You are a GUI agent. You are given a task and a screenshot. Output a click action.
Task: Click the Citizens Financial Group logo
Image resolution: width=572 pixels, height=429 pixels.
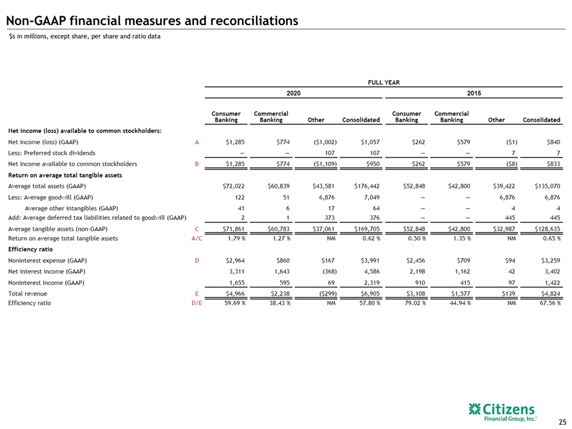click(x=503, y=412)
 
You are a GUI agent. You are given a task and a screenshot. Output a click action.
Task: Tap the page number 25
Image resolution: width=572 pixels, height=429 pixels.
click(x=562, y=422)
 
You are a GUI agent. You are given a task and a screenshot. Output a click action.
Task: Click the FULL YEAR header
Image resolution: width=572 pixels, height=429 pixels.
click(x=384, y=82)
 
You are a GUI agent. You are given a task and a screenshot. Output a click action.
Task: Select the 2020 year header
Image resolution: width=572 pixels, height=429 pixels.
click(x=293, y=93)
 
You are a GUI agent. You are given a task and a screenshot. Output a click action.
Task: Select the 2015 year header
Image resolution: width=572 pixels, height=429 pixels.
click(x=474, y=93)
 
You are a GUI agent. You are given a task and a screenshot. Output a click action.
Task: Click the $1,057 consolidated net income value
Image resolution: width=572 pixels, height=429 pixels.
click(x=370, y=142)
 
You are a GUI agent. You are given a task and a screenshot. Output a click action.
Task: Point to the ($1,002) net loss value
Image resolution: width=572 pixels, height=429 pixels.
click(x=325, y=142)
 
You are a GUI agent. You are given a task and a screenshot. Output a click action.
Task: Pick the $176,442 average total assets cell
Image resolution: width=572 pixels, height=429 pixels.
click(x=366, y=186)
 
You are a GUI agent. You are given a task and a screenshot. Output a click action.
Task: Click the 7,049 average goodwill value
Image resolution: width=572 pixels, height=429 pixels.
click(x=371, y=197)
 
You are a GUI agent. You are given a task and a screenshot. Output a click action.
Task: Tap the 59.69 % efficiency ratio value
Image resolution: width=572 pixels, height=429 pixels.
click(x=235, y=303)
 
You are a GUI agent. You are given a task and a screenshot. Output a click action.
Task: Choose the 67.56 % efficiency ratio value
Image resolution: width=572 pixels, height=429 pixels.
click(x=550, y=303)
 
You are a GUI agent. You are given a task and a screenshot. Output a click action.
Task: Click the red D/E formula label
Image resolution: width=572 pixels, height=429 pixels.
click(x=197, y=303)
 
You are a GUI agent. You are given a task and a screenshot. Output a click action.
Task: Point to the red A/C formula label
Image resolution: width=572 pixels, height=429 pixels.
click(x=197, y=238)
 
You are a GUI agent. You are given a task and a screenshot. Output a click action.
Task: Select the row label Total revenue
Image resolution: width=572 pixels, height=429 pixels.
click(x=28, y=294)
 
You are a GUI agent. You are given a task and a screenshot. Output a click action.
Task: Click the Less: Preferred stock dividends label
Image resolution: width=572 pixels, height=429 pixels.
click(x=52, y=153)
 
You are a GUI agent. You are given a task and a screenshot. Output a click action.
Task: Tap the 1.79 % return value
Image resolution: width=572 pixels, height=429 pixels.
click(x=235, y=238)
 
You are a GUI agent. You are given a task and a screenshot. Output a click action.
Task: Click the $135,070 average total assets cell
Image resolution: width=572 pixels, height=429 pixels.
click(x=547, y=186)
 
